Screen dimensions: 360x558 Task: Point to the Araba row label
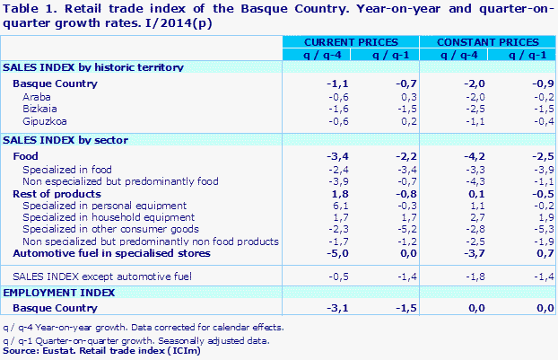tap(38, 96)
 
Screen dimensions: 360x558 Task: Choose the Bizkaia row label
tap(40, 108)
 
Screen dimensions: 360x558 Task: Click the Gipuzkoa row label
tap(45, 120)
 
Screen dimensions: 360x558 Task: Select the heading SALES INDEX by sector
tap(65, 140)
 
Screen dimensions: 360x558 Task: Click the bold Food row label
tap(26, 156)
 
